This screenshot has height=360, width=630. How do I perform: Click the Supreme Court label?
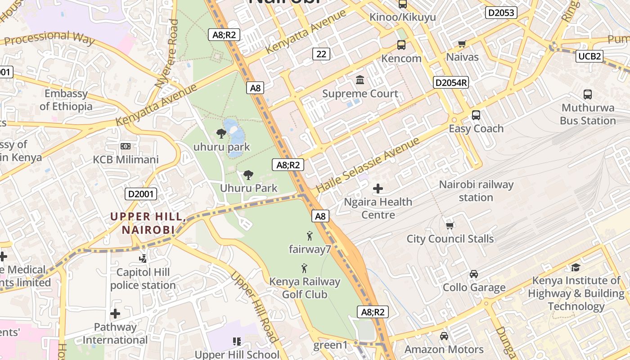[x=360, y=94]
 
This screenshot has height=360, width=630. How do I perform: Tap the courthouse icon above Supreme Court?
[x=360, y=80]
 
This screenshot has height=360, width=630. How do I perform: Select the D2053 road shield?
[x=501, y=13]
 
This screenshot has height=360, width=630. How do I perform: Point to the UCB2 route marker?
[x=589, y=56]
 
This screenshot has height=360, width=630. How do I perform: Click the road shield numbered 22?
[x=321, y=54]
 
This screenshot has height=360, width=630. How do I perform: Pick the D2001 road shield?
[x=141, y=194]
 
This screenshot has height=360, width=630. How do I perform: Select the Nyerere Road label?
[x=167, y=54]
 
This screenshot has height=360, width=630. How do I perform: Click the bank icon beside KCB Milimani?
[x=126, y=146]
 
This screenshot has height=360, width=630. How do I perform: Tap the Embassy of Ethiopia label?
[x=66, y=100]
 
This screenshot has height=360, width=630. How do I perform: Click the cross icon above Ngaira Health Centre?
[x=378, y=189]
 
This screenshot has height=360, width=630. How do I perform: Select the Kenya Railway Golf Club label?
[x=305, y=288]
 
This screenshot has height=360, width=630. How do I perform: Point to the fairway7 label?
[x=310, y=249]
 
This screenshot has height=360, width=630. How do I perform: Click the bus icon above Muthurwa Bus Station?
[x=588, y=94]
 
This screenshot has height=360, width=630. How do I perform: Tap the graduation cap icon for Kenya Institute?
[x=576, y=268]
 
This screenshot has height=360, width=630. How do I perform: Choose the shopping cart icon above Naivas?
[x=462, y=44]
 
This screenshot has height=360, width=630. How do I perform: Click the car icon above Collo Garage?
[x=474, y=274]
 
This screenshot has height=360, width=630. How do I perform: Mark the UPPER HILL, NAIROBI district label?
[x=148, y=223]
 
